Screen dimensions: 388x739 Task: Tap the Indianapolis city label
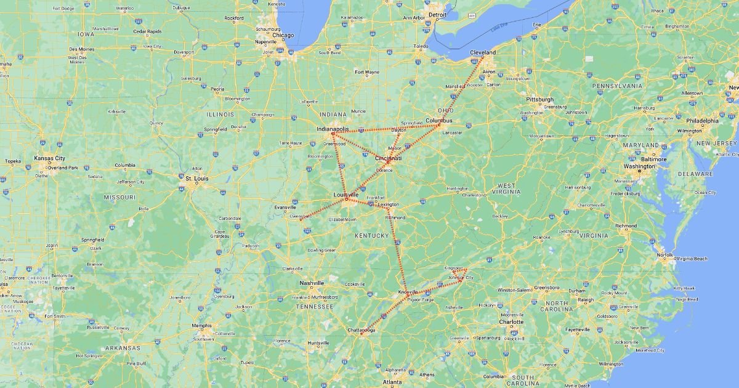[x=333, y=129]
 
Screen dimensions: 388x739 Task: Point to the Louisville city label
[x=346, y=195]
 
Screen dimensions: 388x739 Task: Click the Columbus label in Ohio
[x=438, y=121]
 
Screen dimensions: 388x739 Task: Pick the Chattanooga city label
[x=366, y=330]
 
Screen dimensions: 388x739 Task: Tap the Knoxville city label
[x=408, y=291]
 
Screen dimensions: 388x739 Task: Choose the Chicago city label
[x=283, y=35]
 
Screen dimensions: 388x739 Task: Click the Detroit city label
[x=437, y=14]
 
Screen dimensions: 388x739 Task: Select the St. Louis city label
[x=198, y=178]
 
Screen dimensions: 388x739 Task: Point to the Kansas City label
[x=49, y=158]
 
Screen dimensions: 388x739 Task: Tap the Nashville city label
[x=312, y=283]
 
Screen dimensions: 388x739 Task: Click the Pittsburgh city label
[x=539, y=99]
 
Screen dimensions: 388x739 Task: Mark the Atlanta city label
[x=392, y=382]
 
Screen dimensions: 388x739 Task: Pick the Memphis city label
[x=202, y=325]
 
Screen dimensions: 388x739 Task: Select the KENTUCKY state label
[x=371, y=235]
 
